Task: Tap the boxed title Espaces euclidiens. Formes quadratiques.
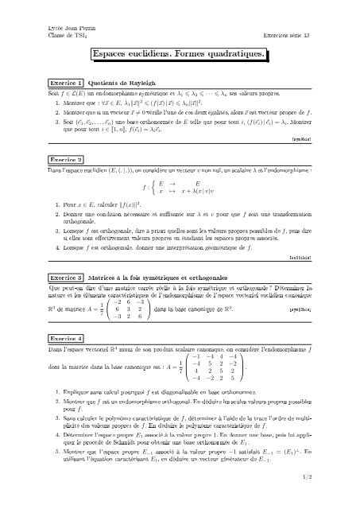[x=180, y=54]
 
